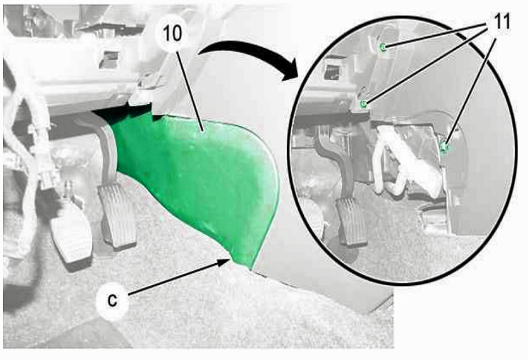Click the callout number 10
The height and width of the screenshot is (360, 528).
coord(172,34)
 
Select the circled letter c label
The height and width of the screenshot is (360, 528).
coord(112,299)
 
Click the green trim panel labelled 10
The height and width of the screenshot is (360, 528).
coord(198,178)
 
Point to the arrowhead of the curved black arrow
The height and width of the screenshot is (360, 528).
coord(289,71)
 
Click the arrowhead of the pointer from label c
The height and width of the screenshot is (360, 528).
coord(225,261)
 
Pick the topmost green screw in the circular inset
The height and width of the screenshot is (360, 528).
coord(383,47)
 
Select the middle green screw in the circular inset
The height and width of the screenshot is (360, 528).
coord(363,103)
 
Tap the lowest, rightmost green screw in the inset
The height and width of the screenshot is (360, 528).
coord(445,147)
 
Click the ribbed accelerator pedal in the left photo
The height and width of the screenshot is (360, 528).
coord(117,216)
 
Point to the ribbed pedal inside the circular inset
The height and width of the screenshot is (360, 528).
coord(351,221)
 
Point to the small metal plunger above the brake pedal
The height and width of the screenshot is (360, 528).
coord(69,188)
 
